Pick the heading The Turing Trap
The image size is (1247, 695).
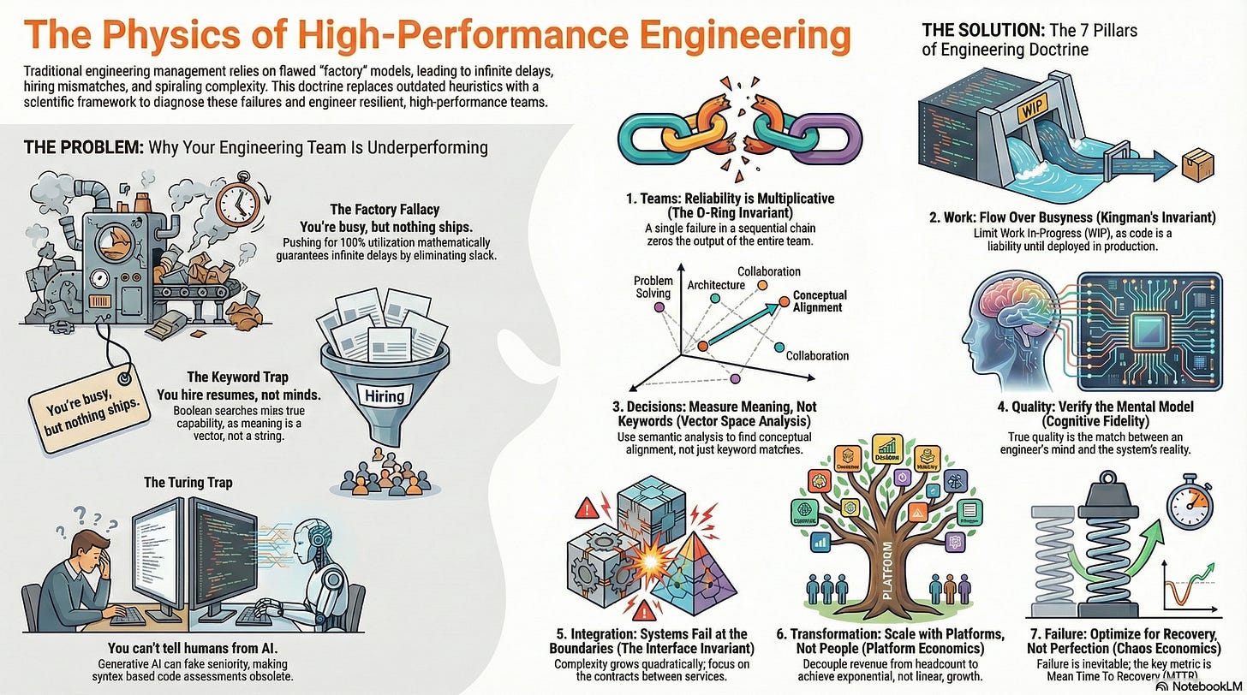(x=188, y=482)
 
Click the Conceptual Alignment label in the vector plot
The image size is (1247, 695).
(x=819, y=301)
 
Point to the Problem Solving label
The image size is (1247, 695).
(x=653, y=288)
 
